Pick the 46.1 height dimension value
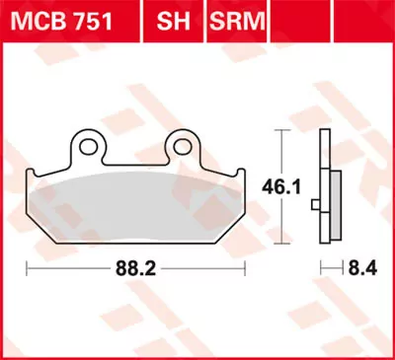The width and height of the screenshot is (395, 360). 293,183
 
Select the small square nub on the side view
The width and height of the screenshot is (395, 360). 315,205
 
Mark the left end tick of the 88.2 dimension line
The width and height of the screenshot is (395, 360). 27,266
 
